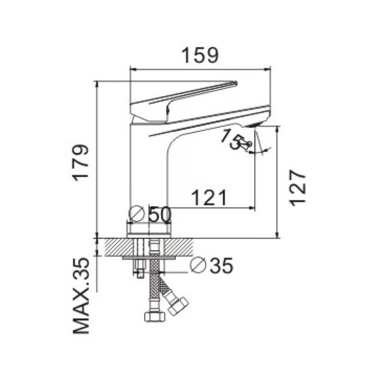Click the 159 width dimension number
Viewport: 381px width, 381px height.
200,56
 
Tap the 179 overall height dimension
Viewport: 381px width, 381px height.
81,163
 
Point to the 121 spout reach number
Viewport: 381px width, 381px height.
209,198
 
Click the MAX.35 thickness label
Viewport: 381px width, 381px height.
81,296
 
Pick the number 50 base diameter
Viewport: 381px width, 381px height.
160,215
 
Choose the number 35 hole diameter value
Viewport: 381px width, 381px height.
221,265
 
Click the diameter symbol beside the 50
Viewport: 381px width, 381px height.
137,214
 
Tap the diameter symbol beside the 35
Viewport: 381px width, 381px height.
198,265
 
